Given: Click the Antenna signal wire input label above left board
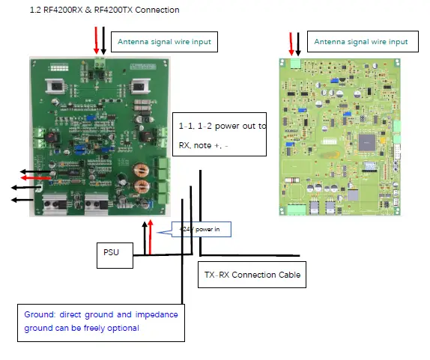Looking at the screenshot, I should (x=163, y=42).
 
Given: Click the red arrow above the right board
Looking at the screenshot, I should (x=291, y=43).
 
